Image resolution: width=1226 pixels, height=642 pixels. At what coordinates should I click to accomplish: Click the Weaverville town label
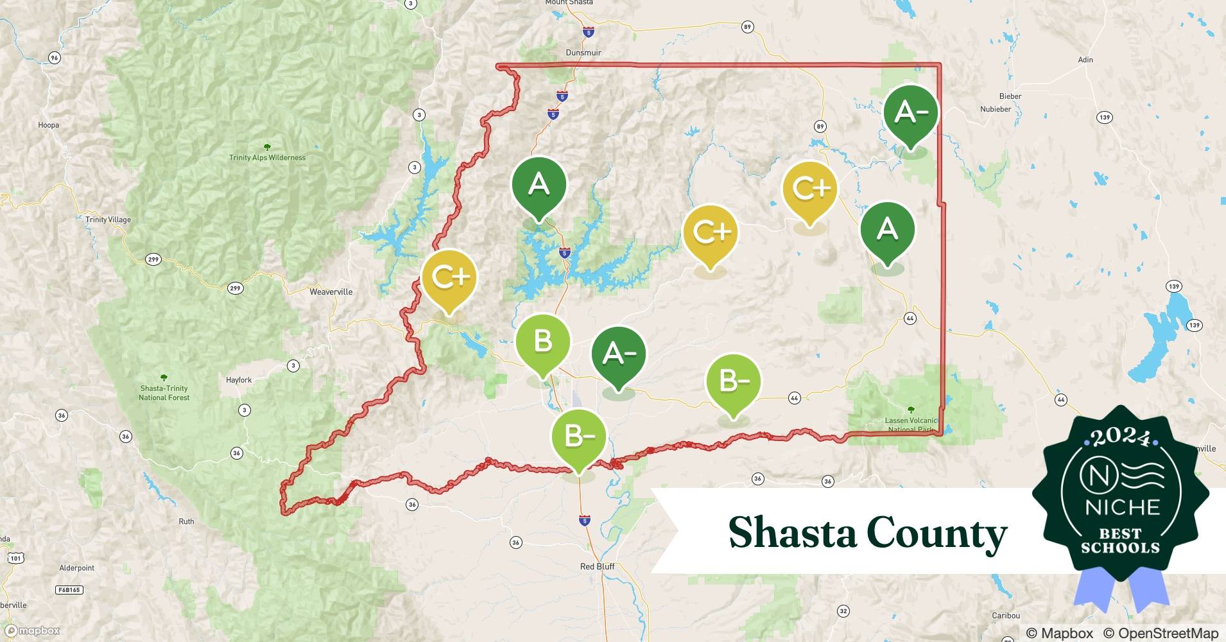click(x=331, y=291)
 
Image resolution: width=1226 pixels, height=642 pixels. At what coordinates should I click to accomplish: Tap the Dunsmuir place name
click(x=583, y=53)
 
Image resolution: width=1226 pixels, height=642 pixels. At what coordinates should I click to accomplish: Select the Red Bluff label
click(x=597, y=566)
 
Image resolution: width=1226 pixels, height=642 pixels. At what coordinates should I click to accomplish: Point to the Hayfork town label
click(x=239, y=380)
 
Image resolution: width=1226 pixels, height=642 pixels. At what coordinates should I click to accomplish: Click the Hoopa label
click(x=49, y=125)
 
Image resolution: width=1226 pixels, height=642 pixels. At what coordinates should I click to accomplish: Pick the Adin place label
click(x=1085, y=60)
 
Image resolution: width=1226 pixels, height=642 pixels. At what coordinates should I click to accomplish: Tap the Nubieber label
click(x=996, y=109)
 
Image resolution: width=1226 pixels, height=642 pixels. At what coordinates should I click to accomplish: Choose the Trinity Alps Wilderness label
click(x=267, y=157)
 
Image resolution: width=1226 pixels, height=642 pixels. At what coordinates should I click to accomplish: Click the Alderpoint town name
click(x=76, y=568)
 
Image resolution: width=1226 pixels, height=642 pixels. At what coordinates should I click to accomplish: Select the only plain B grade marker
click(x=542, y=342)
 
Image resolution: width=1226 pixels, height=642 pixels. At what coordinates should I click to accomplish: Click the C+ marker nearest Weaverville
click(x=449, y=277)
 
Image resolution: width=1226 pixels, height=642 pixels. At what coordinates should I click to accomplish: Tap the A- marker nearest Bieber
click(x=910, y=113)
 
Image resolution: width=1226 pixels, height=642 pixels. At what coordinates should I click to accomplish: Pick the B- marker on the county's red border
click(x=578, y=437)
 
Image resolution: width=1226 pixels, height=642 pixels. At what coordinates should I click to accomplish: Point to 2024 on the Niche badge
click(x=1120, y=437)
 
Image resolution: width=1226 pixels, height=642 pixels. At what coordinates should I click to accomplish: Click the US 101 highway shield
click(x=15, y=559)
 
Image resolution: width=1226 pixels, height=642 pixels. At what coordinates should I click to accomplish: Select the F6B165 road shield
click(x=69, y=589)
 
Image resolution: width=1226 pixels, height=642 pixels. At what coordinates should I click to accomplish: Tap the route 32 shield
click(x=843, y=611)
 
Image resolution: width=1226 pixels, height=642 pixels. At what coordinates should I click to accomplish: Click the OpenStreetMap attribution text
click(x=1161, y=633)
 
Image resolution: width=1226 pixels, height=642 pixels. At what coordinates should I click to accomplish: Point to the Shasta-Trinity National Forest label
click(x=164, y=393)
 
